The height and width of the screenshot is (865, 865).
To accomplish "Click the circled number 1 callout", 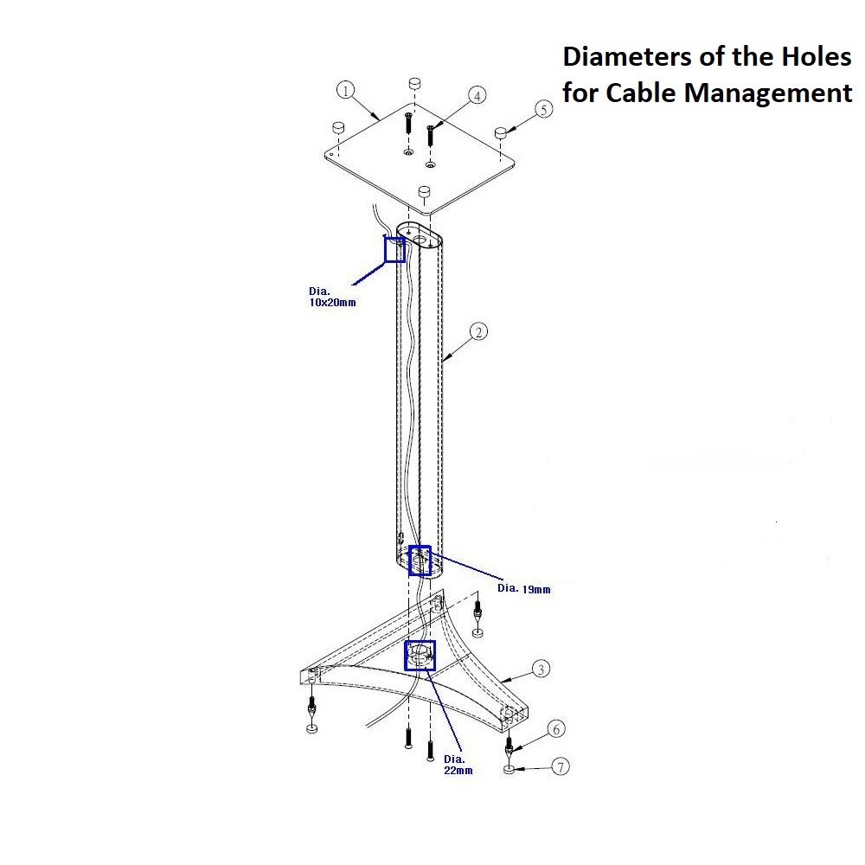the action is (345, 90).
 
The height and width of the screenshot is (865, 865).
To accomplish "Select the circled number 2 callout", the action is (478, 331).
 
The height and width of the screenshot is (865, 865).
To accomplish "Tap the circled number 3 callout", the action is (541, 669).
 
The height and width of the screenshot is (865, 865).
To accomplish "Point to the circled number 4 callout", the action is (477, 95).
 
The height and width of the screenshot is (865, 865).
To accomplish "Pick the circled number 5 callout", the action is (544, 109).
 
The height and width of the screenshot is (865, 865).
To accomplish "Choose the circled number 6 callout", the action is (556, 728).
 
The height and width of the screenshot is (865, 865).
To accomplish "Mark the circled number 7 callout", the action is (561, 766).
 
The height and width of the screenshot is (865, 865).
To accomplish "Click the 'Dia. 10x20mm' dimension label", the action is (332, 296).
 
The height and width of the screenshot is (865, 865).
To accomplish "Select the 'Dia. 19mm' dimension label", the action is (524, 588).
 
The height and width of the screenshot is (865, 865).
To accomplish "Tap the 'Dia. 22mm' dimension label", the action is (458, 765).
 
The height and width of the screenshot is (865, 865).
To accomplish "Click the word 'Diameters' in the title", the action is (627, 56).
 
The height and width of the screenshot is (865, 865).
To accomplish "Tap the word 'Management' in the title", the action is (768, 93).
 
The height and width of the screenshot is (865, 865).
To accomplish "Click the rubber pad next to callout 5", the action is (500, 132).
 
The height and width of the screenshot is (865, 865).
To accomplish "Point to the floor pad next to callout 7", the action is (509, 769).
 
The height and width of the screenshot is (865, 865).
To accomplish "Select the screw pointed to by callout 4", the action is (430, 135).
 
